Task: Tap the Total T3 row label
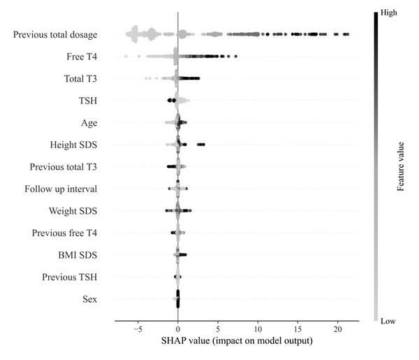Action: [75, 79]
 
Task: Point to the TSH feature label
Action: [87, 101]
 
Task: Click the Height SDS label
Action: [73, 145]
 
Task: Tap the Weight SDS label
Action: [73, 211]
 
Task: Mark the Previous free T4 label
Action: [65, 233]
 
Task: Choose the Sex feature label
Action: [89, 300]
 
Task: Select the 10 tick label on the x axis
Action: [258, 329]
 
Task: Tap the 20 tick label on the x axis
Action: [338, 329]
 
